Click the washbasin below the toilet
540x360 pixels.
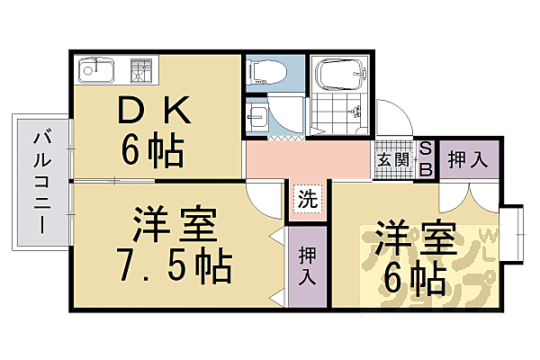pos(257,117)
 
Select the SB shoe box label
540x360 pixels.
pos(426,160)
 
